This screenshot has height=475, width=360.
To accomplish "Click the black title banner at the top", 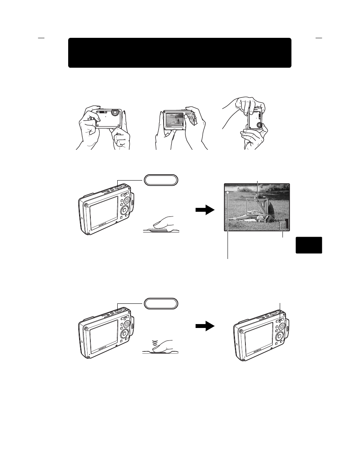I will [x=180, y=53].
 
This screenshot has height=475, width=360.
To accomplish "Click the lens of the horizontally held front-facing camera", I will [x=114, y=112].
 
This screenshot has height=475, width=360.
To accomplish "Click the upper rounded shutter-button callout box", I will [x=161, y=180].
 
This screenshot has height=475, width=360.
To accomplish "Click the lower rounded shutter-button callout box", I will [x=161, y=303].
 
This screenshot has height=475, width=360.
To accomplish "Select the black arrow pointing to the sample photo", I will [x=205, y=211].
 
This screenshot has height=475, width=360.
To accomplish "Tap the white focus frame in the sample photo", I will [x=258, y=207].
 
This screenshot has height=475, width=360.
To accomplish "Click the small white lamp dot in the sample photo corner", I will [x=227, y=193].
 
